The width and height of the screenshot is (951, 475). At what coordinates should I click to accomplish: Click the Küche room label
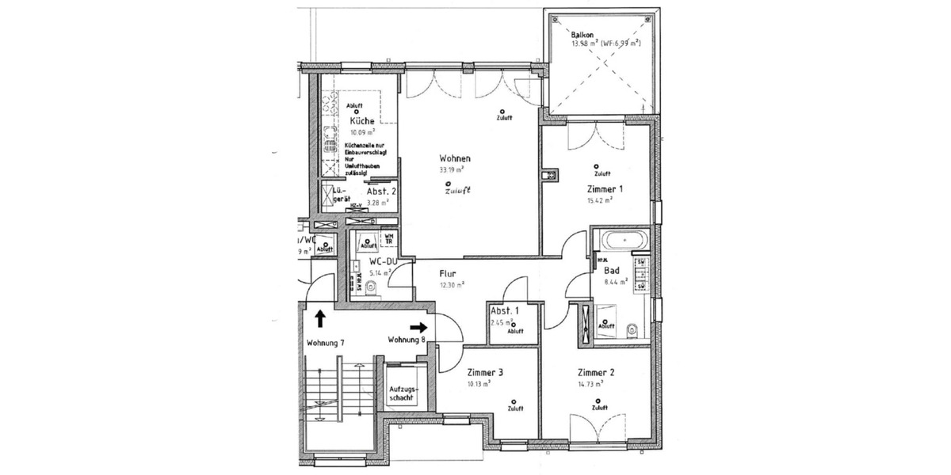point(361,121)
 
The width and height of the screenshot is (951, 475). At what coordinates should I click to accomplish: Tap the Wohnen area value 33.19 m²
point(451,169)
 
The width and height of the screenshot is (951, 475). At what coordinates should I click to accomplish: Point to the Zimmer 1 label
point(605,189)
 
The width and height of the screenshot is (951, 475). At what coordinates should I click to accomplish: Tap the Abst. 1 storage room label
point(505,310)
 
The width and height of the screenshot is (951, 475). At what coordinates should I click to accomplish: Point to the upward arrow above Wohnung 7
point(319,318)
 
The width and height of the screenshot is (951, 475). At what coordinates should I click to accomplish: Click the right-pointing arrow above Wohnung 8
point(418,326)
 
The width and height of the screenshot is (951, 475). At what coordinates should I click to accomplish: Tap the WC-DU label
point(383,261)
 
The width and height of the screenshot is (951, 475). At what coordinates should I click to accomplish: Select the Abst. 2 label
point(381,192)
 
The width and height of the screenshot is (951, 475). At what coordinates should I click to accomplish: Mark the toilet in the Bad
point(631,330)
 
